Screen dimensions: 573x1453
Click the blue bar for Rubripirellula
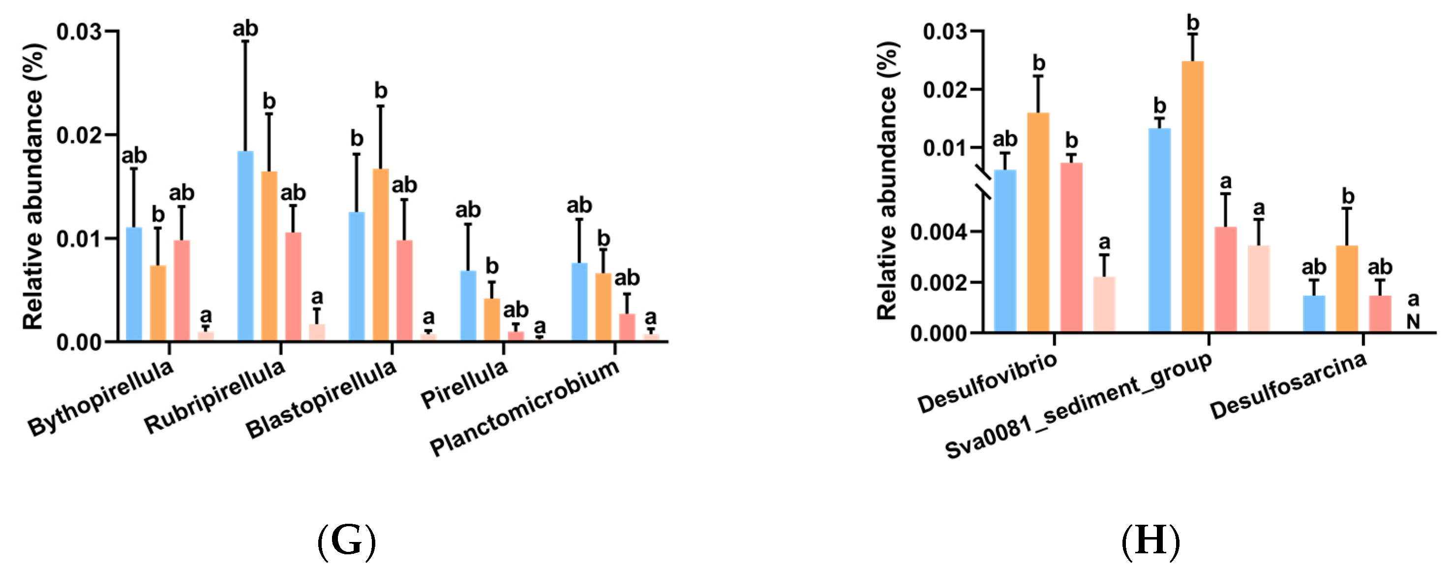(245, 246)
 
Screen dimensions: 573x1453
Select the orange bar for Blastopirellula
(381, 254)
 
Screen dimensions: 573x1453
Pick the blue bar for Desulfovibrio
(1004, 251)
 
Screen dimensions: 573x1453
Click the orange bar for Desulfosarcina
(1347, 288)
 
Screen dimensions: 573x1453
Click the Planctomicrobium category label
(524, 407)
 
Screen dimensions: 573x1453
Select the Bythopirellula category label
(101, 397)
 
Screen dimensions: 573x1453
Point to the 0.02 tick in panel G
(79, 135)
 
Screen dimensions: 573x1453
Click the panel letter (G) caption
(346, 541)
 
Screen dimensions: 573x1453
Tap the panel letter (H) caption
(1150, 541)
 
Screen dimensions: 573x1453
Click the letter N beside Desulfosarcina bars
(1412, 322)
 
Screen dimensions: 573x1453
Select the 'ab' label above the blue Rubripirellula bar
(245, 28)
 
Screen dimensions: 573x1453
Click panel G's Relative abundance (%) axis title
(33, 186)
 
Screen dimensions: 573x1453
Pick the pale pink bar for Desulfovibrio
(1104, 304)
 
